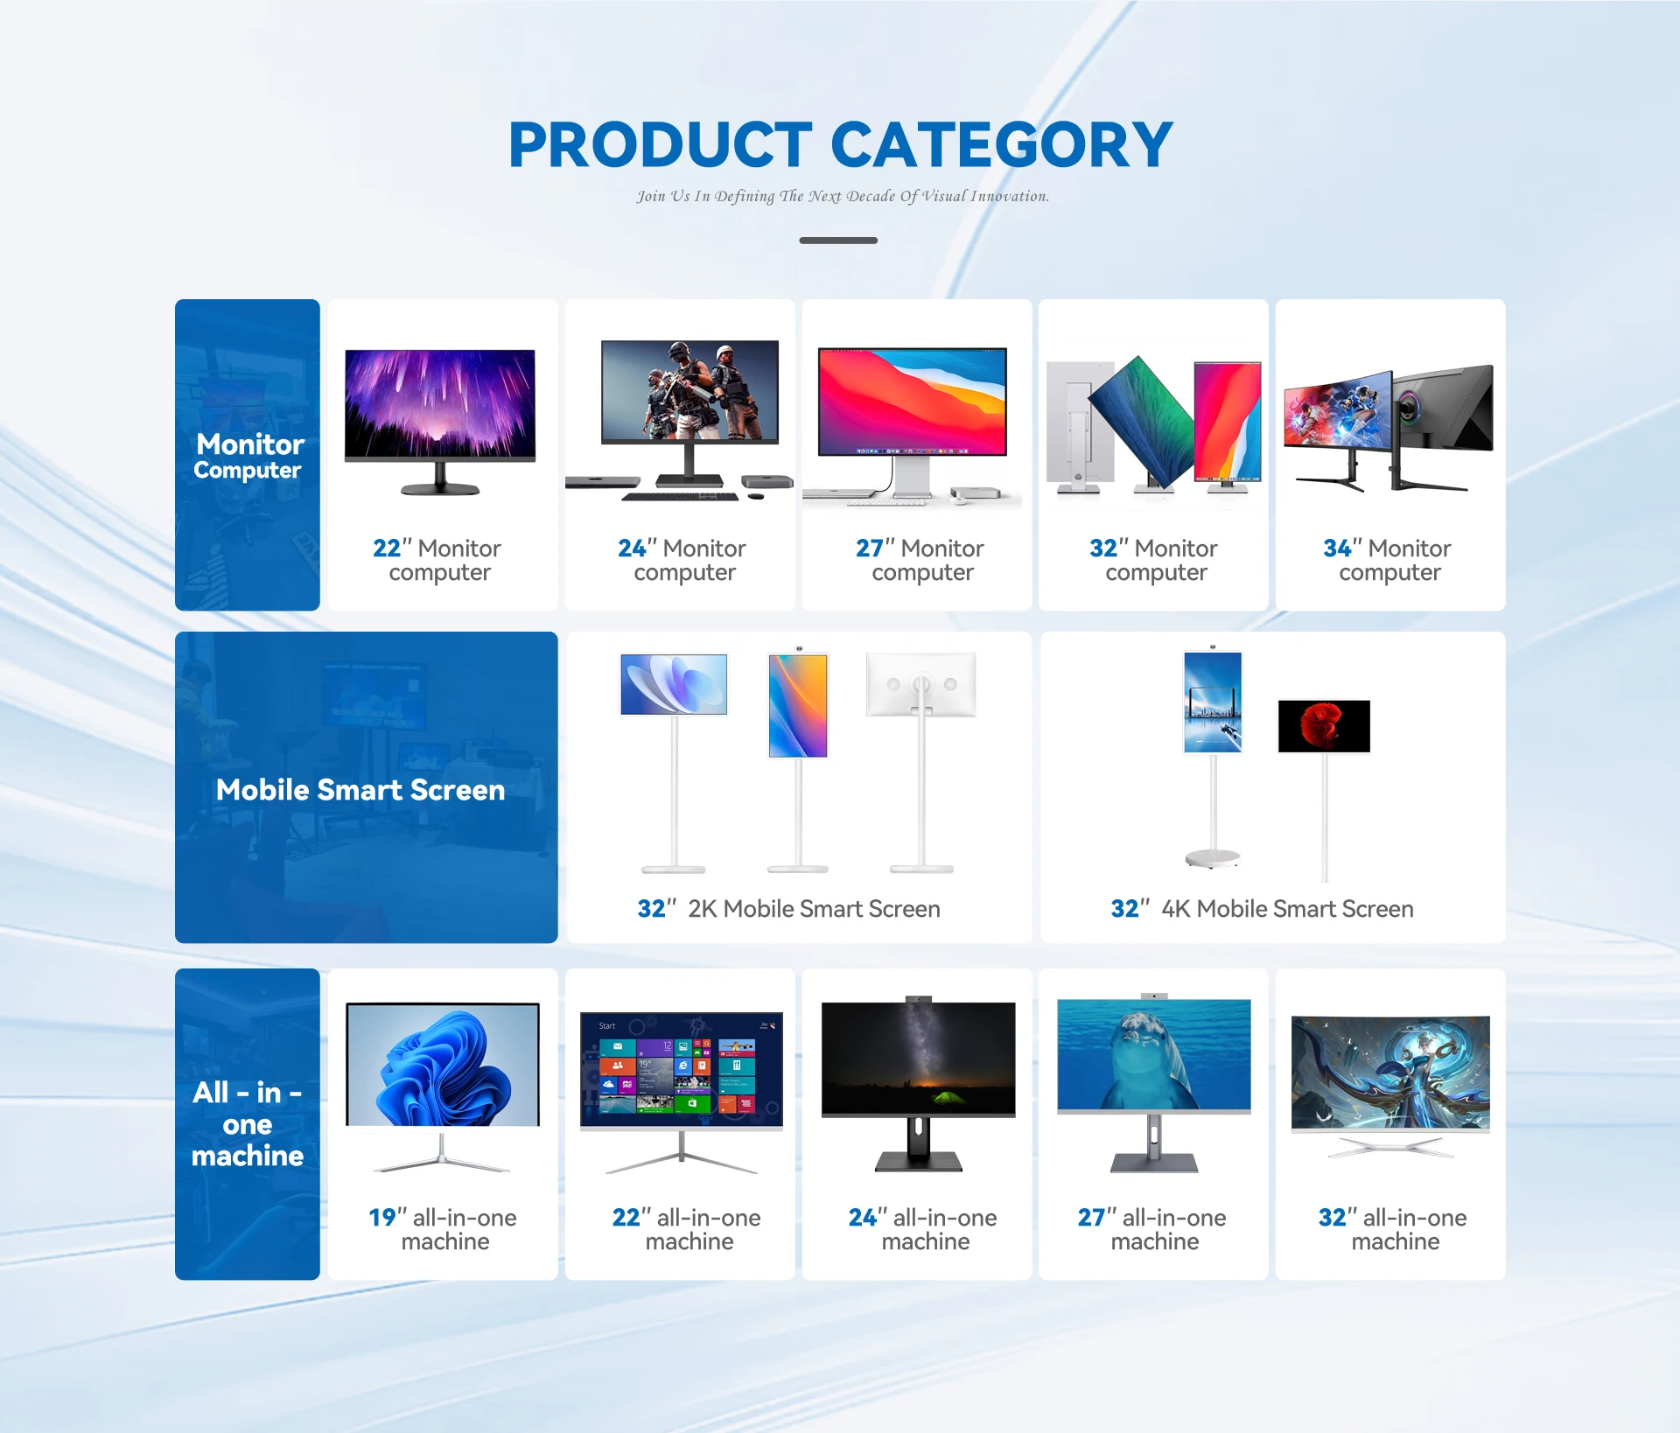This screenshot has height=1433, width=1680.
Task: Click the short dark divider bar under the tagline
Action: click(x=838, y=240)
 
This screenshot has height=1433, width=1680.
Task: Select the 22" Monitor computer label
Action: click(x=437, y=560)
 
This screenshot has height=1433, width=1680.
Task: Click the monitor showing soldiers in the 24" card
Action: click(x=689, y=391)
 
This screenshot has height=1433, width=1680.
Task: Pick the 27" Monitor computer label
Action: click(x=920, y=560)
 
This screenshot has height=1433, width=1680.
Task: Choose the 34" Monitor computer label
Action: click(x=1388, y=560)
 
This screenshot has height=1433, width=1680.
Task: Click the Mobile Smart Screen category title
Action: click(x=360, y=790)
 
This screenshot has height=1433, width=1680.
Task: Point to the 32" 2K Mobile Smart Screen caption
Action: click(x=789, y=909)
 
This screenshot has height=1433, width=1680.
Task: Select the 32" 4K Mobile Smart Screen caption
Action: click(x=1263, y=909)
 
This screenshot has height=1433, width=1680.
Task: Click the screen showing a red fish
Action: click(x=1324, y=726)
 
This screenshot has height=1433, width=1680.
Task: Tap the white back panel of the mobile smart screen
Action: click(x=921, y=685)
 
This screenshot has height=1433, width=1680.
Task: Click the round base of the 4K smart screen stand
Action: click(x=1213, y=858)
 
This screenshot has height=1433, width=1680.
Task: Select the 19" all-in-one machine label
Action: click(x=443, y=1229)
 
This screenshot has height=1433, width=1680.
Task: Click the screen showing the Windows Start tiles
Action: click(x=682, y=1069)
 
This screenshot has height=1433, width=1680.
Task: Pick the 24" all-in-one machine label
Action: click(x=923, y=1229)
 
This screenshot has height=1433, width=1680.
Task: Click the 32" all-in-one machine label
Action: click(x=1393, y=1229)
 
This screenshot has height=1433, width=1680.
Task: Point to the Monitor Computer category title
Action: click(x=249, y=457)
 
